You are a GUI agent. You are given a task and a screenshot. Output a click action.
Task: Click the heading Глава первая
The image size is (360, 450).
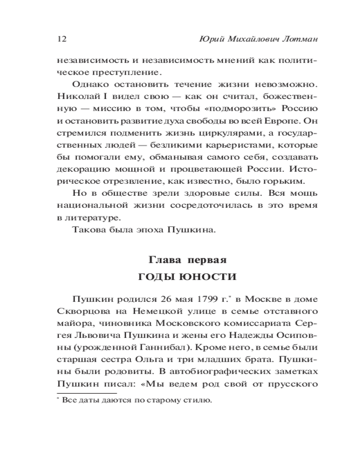(x=187, y=260)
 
